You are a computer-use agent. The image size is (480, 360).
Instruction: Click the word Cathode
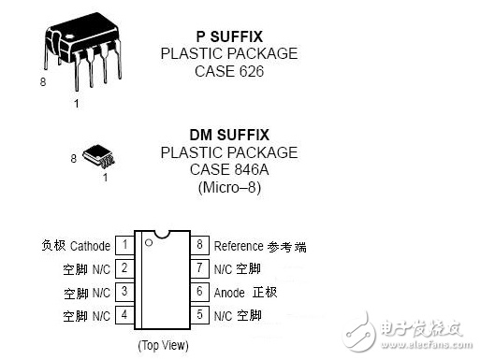[x=91, y=246]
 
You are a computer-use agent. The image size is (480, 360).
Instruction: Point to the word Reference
[x=239, y=246]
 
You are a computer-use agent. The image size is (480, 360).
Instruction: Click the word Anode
[x=229, y=293]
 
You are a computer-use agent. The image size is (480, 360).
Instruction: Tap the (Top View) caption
[x=163, y=345]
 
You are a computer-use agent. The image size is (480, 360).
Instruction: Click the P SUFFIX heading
[x=229, y=36]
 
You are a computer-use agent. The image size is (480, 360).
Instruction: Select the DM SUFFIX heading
[x=229, y=135]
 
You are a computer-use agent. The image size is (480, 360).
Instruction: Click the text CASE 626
[x=229, y=71]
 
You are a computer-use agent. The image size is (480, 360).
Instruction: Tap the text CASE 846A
[x=229, y=170]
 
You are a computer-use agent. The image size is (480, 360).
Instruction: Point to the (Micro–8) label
[x=229, y=188]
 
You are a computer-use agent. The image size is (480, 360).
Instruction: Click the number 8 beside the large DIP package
[x=43, y=82]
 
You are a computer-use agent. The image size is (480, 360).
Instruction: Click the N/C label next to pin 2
[x=101, y=269]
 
